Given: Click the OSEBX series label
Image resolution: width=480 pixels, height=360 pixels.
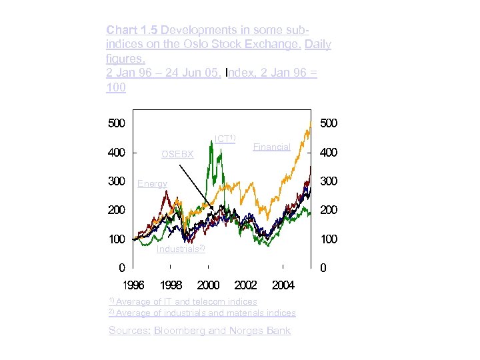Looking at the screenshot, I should click(x=177, y=155).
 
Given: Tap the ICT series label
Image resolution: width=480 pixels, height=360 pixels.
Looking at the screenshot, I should click(x=224, y=139).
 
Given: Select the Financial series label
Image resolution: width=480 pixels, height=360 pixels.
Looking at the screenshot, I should click(x=272, y=147).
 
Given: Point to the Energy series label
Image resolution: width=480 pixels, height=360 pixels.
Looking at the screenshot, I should click(x=152, y=183).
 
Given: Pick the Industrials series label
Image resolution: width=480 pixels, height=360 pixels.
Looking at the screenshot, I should click(x=180, y=249).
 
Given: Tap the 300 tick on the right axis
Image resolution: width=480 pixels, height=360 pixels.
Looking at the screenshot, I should click(x=329, y=181).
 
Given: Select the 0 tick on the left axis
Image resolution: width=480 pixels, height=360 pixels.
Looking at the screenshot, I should click(x=121, y=268).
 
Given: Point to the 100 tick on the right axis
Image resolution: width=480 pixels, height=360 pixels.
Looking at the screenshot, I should click(x=329, y=239).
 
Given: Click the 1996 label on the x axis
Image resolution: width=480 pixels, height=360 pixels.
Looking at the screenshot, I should click(x=133, y=285).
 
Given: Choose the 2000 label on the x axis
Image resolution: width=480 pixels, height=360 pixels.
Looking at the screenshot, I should click(x=209, y=285).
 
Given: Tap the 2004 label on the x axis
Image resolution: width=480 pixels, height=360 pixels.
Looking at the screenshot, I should click(x=283, y=285).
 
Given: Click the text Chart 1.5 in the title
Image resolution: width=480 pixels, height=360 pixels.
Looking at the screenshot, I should click(x=132, y=30).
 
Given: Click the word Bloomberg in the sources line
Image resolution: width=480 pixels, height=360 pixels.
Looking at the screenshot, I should click(x=181, y=331).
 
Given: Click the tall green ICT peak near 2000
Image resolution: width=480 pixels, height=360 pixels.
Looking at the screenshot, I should click(x=211, y=145).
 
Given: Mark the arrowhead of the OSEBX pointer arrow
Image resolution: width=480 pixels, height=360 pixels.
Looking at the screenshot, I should click(x=214, y=210).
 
